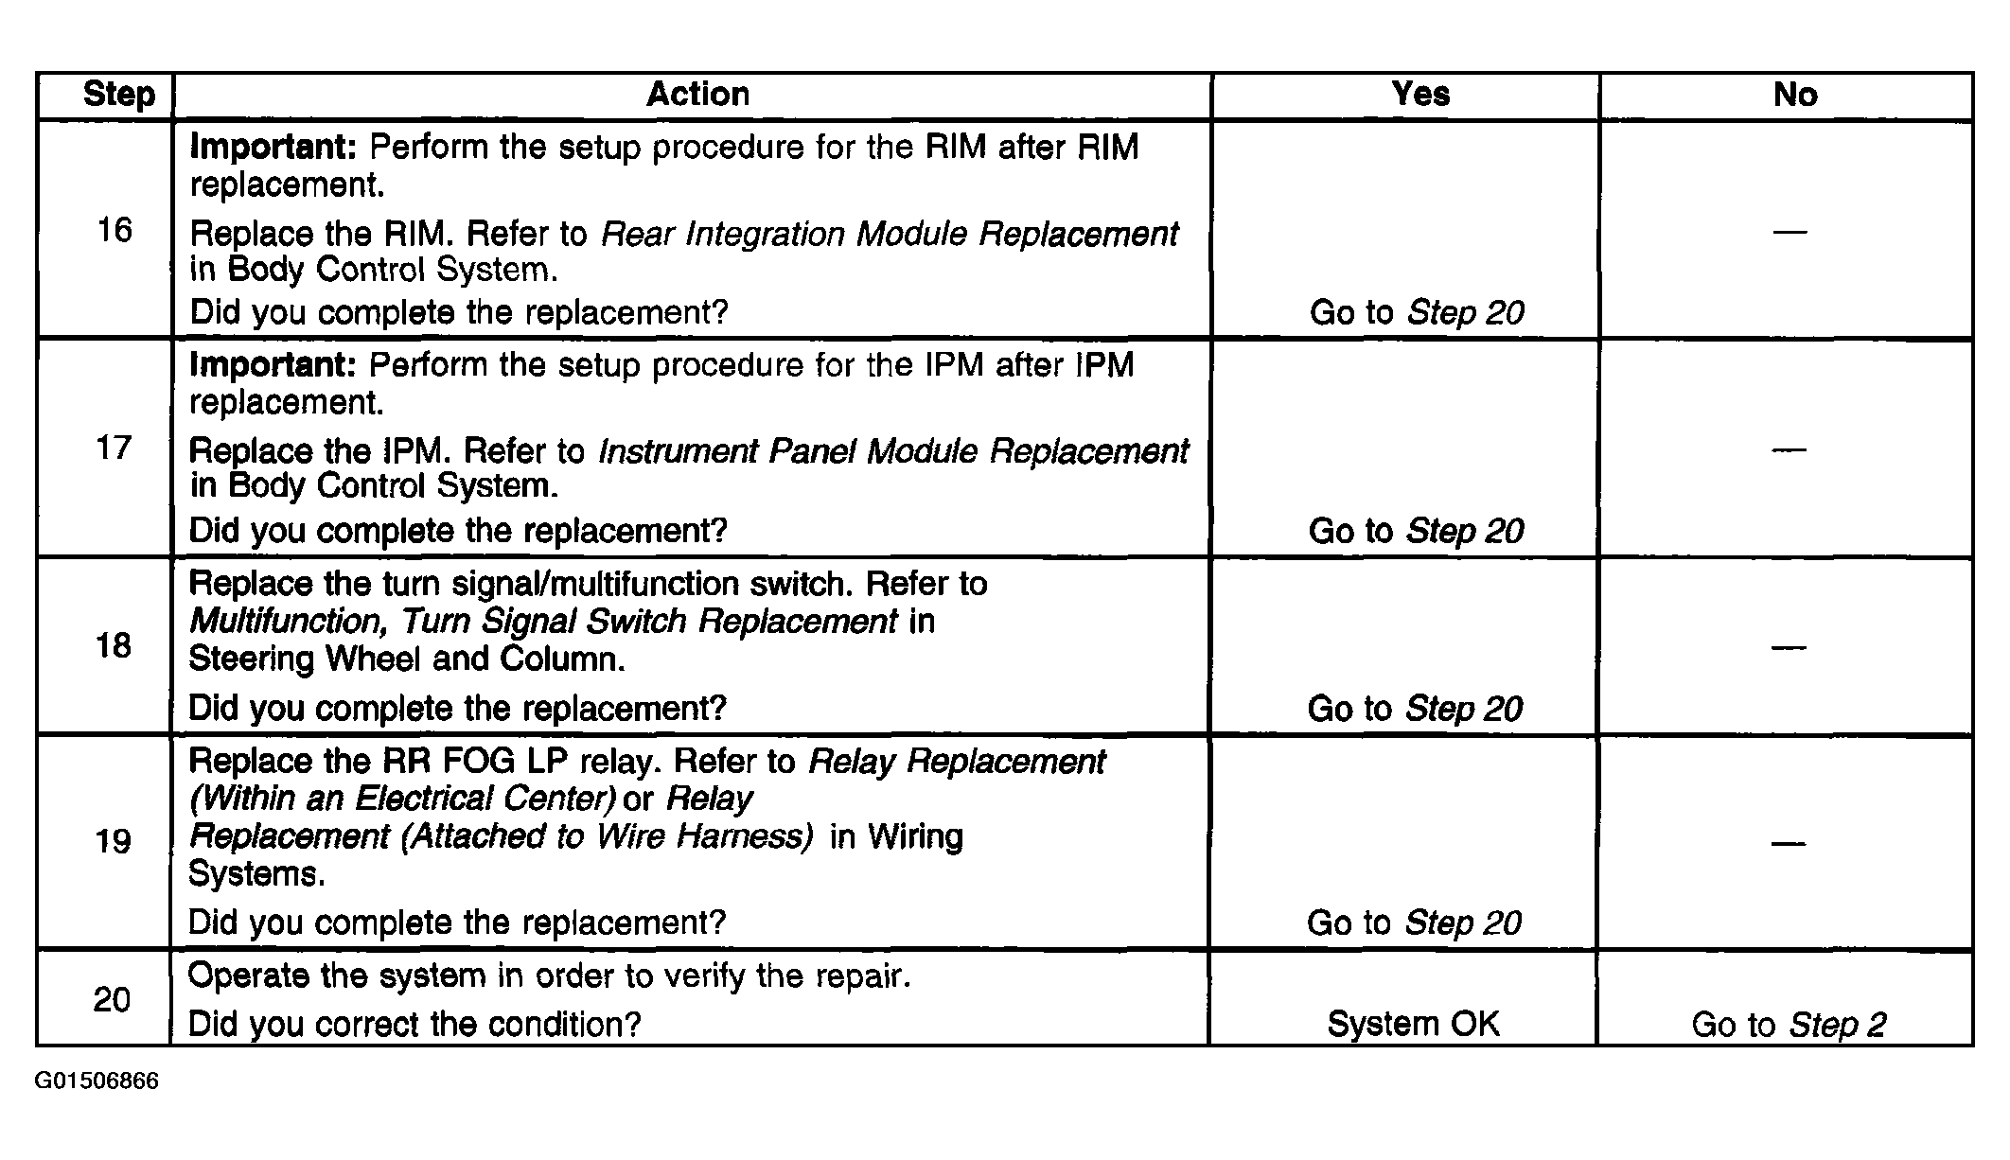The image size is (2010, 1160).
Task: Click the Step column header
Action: tap(118, 95)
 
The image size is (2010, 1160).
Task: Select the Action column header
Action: tap(697, 94)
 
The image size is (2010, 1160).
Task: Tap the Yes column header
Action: tap(1419, 94)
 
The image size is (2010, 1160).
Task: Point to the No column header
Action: tap(1794, 95)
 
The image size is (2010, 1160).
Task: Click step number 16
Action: tap(115, 230)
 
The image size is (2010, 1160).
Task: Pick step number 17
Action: tap(114, 448)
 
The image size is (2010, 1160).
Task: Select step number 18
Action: tap(114, 646)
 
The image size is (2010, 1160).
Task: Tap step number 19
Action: tap(114, 841)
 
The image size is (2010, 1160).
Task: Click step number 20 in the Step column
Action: tap(112, 999)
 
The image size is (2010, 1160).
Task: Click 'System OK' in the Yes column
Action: tap(1414, 1024)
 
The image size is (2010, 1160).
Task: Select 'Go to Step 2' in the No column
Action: tap(1789, 1025)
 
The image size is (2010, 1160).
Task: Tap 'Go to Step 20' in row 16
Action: tap(1417, 312)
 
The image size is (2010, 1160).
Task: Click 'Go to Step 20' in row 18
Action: tap(1415, 709)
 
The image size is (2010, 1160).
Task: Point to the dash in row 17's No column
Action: tap(1789, 449)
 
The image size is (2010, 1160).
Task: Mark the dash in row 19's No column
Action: tap(1789, 843)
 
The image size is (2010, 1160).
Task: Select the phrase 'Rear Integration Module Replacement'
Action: tap(890, 234)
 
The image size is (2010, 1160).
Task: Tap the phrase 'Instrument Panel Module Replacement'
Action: tap(893, 451)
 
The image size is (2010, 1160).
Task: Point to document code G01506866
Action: tap(97, 1081)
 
